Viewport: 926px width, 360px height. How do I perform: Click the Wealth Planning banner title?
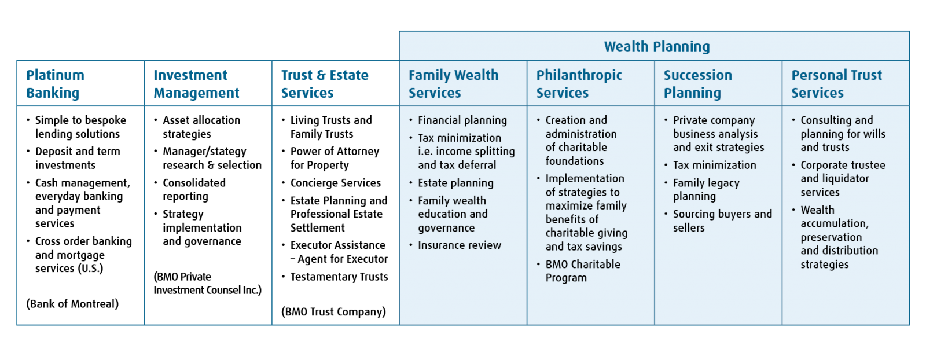tap(657, 47)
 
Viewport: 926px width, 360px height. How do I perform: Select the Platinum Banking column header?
tap(56, 84)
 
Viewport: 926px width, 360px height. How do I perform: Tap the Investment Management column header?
tap(196, 84)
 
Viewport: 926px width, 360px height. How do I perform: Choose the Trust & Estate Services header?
tap(325, 84)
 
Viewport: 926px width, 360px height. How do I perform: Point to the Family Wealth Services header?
tap(454, 84)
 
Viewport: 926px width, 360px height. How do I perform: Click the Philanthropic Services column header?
tap(579, 84)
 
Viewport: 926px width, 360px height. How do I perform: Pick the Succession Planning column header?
tap(698, 84)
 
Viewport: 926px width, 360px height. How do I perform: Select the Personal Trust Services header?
tap(837, 84)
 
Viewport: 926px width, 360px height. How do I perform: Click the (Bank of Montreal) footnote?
tap(72, 304)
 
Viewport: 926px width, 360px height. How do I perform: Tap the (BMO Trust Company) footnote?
tap(333, 311)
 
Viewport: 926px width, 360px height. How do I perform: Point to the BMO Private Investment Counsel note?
tap(208, 284)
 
